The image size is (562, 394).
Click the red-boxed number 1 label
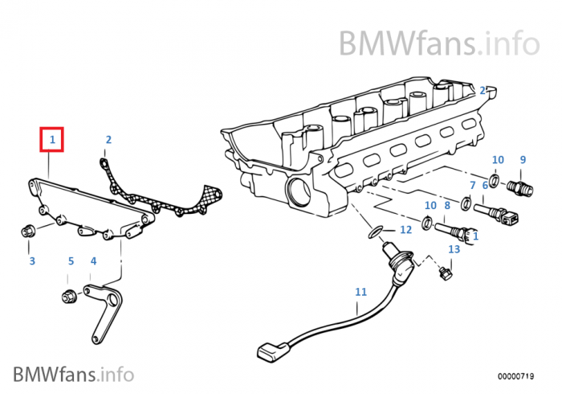click(x=52, y=140)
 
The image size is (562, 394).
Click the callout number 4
click(x=93, y=261)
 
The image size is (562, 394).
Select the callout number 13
click(x=454, y=249)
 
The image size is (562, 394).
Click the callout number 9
click(x=522, y=160)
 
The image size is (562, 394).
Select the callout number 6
click(x=485, y=185)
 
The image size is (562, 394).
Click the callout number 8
click(x=447, y=206)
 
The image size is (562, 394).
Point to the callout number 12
click(x=405, y=230)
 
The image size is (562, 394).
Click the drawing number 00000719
click(x=515, y=376)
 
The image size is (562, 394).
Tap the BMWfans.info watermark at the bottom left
click(x=73, y=373)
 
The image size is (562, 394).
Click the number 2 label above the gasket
click(x=108, y=140)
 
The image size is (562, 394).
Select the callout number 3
click(x=32, y=261)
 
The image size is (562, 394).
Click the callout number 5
click(x=71, y=261)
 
